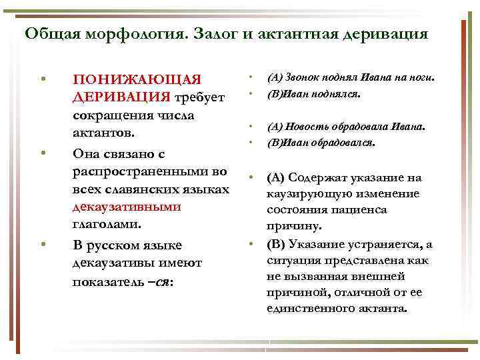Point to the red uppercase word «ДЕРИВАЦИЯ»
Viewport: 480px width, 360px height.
pos(121,97)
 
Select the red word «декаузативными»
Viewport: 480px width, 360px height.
pos(126,206)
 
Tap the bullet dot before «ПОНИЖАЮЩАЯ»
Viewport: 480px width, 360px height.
pos(43,81)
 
